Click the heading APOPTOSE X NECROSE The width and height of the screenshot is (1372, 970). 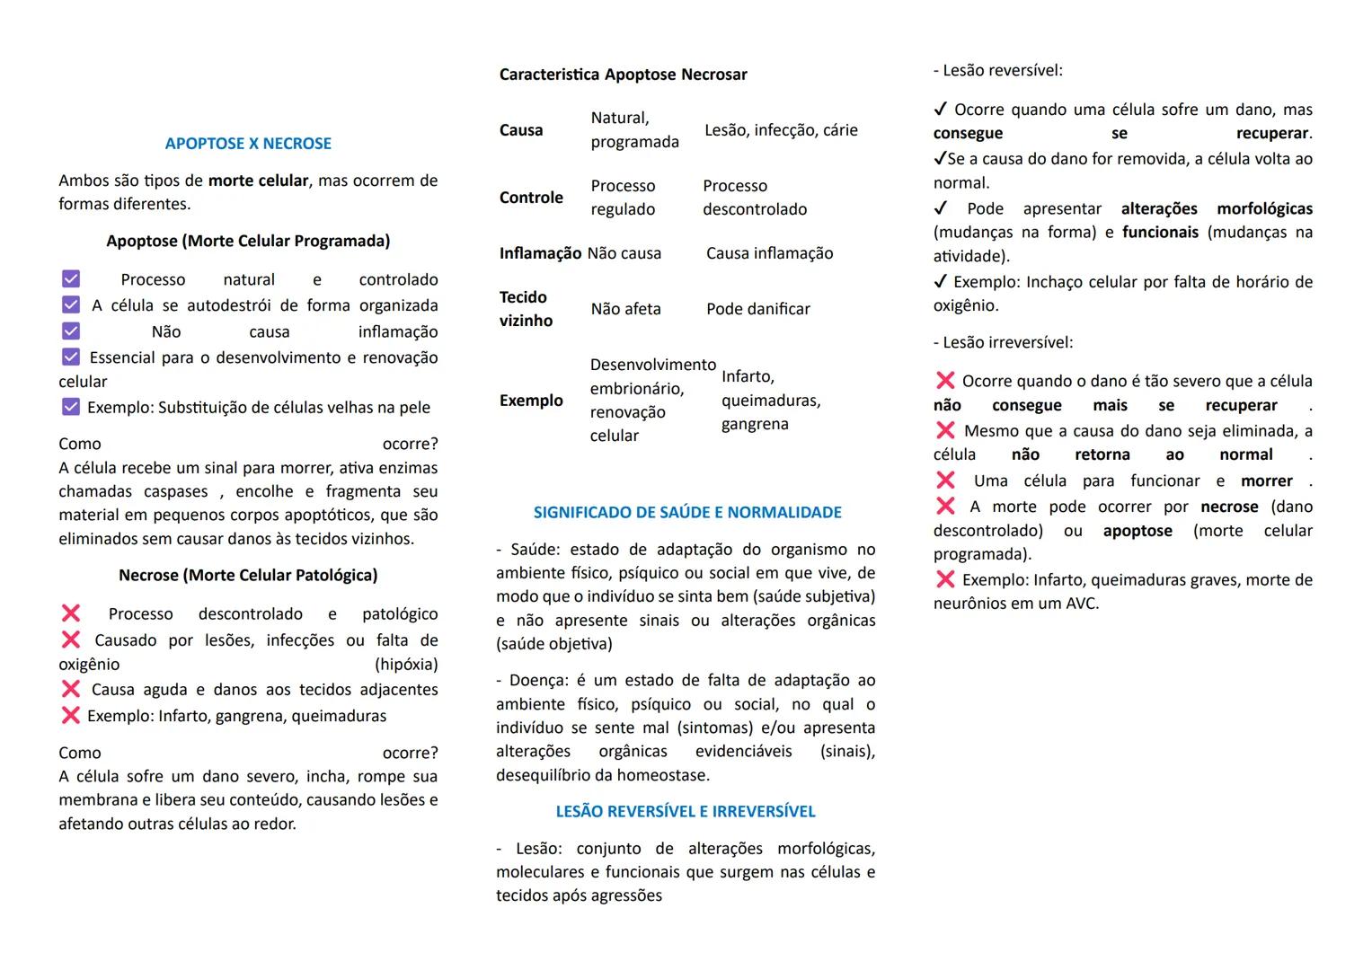point(248,144)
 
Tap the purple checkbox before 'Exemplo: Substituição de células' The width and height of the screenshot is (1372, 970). point(71,408)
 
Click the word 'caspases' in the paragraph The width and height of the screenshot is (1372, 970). point(176,491)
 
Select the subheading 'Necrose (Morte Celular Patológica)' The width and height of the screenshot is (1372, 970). point(248,575)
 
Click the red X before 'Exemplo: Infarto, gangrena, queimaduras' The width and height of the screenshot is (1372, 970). point(71,716)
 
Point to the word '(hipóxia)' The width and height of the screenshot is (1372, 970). point(406,665)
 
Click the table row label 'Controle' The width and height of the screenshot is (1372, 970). point(531,198)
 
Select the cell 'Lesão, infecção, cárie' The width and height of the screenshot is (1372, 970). point(781,130)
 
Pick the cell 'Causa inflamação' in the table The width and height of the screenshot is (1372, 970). point(769,253)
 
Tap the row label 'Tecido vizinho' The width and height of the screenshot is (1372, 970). point(526,308)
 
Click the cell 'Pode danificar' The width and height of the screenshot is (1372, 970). point(757,309)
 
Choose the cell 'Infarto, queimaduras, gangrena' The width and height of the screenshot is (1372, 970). point(770,400)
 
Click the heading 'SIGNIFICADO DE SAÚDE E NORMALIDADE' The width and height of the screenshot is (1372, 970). point(687,513)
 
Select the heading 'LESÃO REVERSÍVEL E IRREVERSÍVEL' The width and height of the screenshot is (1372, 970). point(686,812)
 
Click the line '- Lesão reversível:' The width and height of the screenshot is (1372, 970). point(997,70)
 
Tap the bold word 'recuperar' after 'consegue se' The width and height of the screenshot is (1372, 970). point(1271,134)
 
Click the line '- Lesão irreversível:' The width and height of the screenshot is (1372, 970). point(1003,342)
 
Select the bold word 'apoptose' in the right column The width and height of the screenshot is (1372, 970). point(1137,531)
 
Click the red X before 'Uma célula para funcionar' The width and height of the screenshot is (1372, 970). point(945,481)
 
